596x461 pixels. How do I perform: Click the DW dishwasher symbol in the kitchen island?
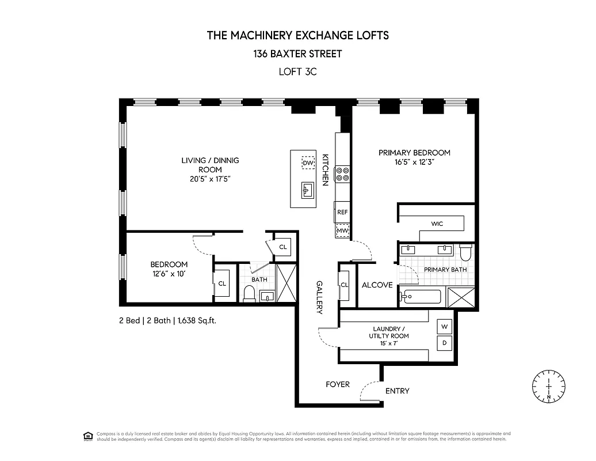point(308,163)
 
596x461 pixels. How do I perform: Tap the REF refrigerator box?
point(342,212)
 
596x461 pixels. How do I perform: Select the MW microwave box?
point(342,231)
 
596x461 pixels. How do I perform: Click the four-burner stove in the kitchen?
point(343,174)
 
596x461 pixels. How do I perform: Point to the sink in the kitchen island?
point(307,190)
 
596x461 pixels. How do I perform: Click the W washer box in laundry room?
point(444,327)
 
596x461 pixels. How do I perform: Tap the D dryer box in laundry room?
point(444,343)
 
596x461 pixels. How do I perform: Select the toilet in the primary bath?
point(465,252)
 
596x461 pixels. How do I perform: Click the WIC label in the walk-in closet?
point(437,224)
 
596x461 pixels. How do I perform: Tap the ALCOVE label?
point(377,285)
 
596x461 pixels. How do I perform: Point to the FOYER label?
point(338,384)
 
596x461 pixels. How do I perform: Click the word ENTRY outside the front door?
point(397,391)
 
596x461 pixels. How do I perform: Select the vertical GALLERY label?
point(319,297)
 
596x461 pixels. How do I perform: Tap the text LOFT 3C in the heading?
point(297,72)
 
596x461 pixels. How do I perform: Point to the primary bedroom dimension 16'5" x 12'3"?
point(414,162)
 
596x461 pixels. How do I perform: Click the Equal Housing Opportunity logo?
point(88,436)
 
